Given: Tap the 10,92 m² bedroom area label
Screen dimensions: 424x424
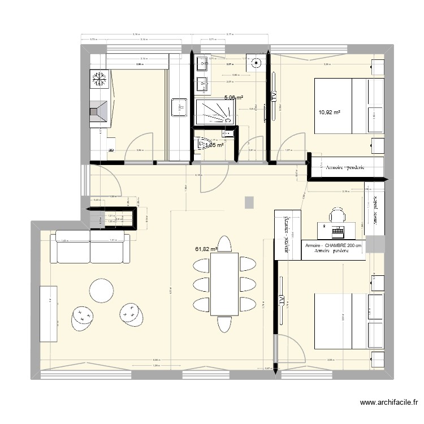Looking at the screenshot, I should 329,112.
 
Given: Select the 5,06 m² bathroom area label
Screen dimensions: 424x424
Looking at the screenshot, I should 233,97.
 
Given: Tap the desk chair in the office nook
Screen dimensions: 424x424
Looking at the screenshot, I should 338,214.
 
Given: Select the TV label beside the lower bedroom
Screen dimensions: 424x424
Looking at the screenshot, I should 280,299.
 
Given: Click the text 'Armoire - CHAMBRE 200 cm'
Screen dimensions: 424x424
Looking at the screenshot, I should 334,246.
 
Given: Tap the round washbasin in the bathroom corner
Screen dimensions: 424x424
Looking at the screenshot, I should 257,63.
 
